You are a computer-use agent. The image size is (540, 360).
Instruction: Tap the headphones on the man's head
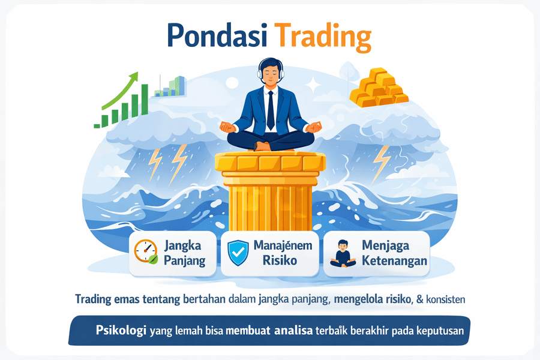271,71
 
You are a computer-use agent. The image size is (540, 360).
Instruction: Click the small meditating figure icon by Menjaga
343,253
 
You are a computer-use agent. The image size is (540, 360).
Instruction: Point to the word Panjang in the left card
184,261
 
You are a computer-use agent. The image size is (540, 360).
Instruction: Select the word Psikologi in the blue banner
121,330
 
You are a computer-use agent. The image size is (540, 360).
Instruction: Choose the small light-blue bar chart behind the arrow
169,87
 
